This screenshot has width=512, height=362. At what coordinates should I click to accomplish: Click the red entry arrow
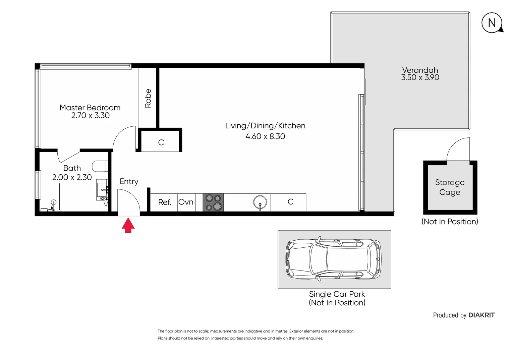pyautogui.click(x=128, y=225)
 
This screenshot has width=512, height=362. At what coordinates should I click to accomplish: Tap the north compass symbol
pyautogui.click(x=492, y=23)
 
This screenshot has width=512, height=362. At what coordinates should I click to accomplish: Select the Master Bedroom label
pyautogui.click(x=90, y=108)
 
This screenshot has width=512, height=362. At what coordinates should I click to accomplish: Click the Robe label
pyautogui.click(x=148, y=98)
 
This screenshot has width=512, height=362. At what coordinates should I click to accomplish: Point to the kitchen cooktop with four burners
pyautogui.click(x=213, y=202)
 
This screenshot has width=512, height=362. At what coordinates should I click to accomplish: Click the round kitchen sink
pyautogui.click(x=260, y=202)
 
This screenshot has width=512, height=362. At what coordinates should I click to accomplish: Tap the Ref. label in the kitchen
pyautogui.click(x=164, y=202)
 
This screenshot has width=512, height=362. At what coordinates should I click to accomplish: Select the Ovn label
pyautogui.click(x=186, y=202)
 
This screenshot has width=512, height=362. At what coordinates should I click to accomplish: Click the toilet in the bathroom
pyautogui.click(x=100, y=166)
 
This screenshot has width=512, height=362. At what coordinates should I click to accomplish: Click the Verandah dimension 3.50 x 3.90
pyautogui.click(x=420, y=77)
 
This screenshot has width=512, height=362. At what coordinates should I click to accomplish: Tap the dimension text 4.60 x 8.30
pyautogui.click(x=265, y=136)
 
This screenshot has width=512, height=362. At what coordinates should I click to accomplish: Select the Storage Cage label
pyautogui.click(x=450, y=187)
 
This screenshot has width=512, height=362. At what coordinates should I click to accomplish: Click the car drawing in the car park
pyautogui.click(x=334, y=259)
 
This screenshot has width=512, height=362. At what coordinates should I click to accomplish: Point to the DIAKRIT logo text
pyautogui.click(x=481, y=315)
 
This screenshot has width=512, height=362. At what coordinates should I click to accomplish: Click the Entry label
pyautogui.click(x=129, y=181)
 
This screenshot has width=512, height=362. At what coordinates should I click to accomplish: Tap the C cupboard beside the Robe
pyautogui.click(x=161, y=142)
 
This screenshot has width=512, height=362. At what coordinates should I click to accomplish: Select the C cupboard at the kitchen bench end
pyautogui.click(x=290, y=202)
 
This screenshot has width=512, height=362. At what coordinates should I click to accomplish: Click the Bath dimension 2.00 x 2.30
pyautogui.click(x=72, y=177)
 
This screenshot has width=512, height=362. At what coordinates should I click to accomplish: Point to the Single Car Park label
pyautogui.click(x=337, y=294)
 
